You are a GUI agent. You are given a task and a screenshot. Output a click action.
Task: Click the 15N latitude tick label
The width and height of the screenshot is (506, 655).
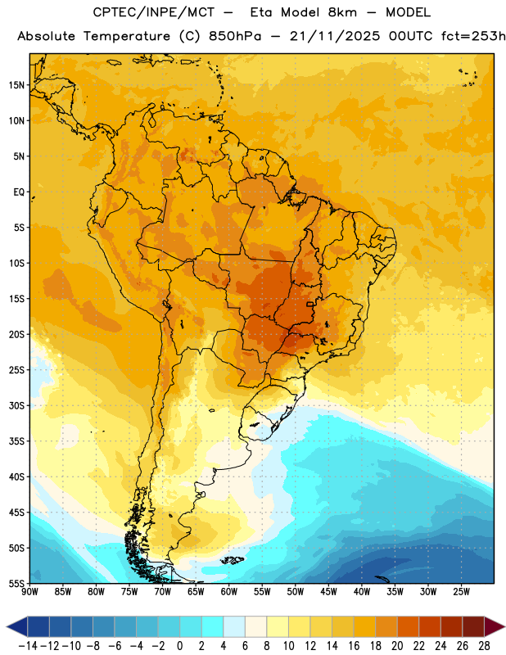click(16, 85)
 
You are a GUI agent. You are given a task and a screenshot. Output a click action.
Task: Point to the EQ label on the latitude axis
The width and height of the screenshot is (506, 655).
click(19, 192)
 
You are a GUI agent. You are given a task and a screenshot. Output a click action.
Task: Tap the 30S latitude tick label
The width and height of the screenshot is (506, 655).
click(16, 405)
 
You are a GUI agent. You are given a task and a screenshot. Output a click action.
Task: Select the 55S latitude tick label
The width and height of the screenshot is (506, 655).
click(16, 583)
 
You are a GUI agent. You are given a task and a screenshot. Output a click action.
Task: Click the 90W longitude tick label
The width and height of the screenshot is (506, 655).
click(29, 592)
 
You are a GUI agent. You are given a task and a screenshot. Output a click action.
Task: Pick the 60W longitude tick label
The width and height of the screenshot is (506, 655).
click(229, 592)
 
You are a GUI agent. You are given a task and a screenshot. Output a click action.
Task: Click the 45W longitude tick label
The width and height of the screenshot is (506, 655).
click(328, 592)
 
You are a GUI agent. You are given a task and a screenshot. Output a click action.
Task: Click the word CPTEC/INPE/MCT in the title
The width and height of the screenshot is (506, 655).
click(153, 13)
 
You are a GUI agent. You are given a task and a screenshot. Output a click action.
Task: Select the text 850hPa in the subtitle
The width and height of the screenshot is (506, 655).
click(235, 36)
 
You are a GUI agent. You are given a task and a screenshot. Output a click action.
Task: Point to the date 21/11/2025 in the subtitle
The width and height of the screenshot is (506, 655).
click(335, 36)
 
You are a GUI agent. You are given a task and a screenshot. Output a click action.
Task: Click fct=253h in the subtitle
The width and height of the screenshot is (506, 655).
click(473, 36)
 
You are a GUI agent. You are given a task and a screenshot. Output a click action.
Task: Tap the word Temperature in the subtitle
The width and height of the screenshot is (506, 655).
click(127, 36)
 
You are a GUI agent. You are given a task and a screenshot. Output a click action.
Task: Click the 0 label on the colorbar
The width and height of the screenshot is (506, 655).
click(180, 646)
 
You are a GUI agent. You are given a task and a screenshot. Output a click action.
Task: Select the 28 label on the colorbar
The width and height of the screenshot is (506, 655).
click(484, 646)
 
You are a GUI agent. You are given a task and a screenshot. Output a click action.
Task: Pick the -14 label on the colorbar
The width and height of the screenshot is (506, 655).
click(28, 646)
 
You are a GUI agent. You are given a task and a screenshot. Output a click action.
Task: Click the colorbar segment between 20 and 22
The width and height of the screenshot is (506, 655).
click(409, 626)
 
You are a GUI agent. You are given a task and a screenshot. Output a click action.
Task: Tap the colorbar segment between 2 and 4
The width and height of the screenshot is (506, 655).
click(213, 626)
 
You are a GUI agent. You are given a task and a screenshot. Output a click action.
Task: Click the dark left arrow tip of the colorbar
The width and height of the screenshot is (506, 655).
click(7, 626)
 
